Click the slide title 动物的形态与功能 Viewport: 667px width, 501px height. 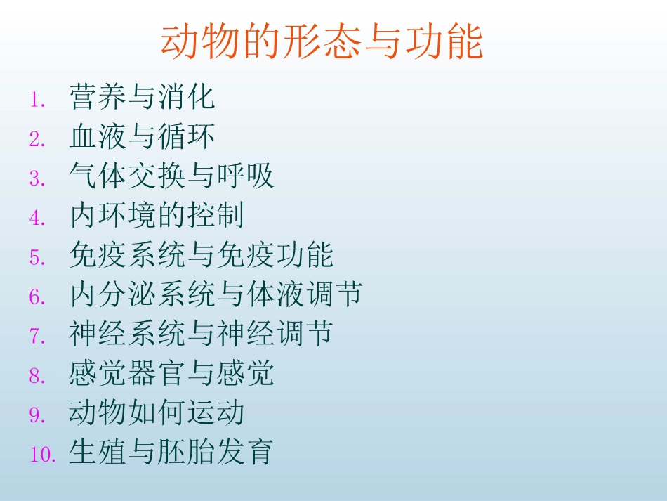tap(322, 43)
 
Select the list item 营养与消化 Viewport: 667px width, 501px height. tap(142, 98)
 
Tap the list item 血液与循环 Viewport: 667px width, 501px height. tap(142, 137)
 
